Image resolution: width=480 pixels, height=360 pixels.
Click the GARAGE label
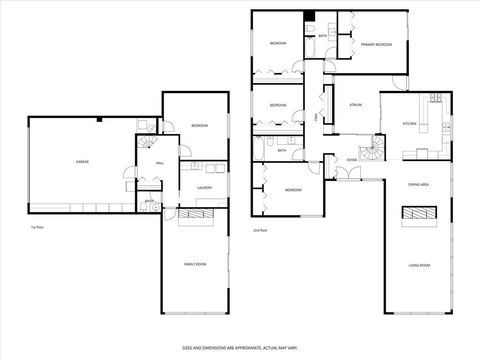tap(82, 160)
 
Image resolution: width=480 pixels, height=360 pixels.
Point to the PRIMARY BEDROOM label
tap(375, 44)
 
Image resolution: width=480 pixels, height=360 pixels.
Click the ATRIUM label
tap(354, 104)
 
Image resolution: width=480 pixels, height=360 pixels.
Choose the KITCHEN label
tap(408, 123)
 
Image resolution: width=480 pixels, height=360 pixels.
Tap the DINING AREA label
tap(418, 185)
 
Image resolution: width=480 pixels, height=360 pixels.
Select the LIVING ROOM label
tap(418, 265)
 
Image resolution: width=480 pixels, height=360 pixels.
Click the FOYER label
tap(351, 160)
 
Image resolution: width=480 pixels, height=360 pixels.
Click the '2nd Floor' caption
tap(260, 229)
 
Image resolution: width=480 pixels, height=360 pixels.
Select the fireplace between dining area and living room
tap(419, 212)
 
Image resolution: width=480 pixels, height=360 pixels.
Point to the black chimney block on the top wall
tap(310, 15)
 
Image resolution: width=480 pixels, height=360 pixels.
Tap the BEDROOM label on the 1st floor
tap(198, 125)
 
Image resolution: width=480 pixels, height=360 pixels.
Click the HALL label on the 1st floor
tap(159, 163)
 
